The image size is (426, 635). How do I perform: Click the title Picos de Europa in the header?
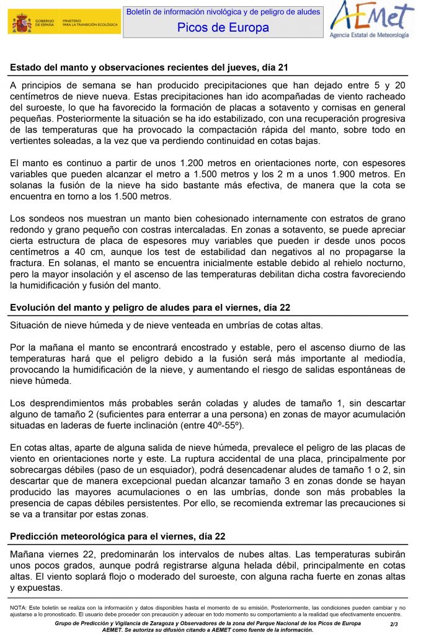click(223, 27)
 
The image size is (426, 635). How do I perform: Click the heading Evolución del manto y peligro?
click(150, 308)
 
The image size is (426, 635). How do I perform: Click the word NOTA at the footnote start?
click(17, 608)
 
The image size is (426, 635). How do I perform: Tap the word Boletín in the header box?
click(140, 12)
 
